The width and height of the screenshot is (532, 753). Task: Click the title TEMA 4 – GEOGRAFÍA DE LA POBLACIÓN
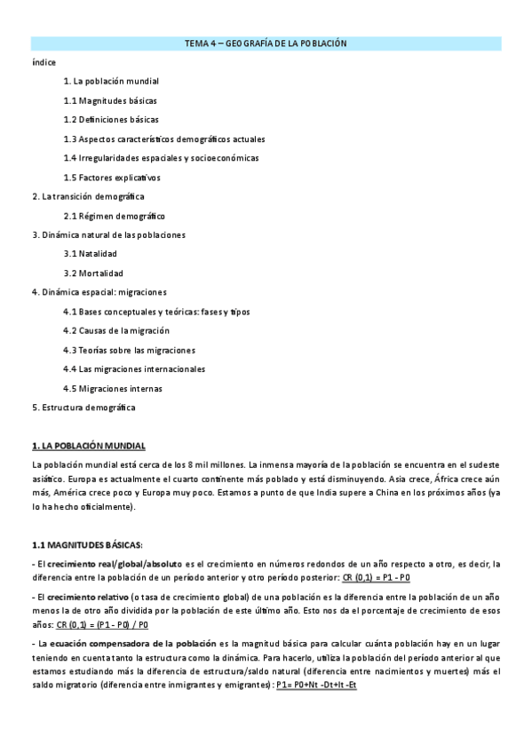266,43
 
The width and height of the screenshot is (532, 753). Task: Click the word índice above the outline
44,62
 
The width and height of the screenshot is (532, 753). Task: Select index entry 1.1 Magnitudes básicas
110,100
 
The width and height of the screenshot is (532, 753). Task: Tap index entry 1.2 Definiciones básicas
111,119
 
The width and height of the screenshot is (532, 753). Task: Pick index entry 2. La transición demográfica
88,196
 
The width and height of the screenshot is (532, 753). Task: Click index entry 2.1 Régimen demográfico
114,216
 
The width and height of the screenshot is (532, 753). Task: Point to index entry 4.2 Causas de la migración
118,330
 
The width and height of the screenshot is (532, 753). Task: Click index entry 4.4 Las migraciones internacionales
134,369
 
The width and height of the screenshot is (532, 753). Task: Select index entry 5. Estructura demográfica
83,408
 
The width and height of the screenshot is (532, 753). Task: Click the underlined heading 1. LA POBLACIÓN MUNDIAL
88,446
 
